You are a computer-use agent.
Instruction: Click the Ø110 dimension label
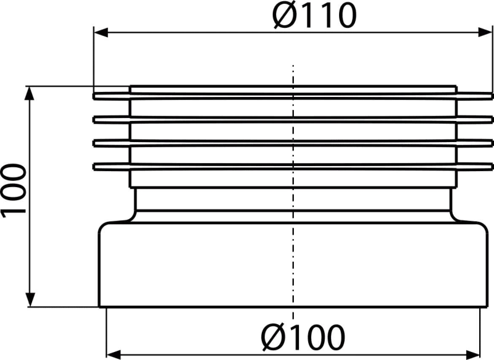pyautogui.click(x=314, y=15)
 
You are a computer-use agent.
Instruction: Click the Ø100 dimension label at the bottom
pyautogui.click(x=303, y=337)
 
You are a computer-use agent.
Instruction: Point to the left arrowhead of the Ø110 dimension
pyautogui.click(x=101, y=32)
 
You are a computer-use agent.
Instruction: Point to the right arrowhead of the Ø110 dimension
pyautogui.click(x=485, y=32)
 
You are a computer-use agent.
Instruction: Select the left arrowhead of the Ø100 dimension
pyautogui.click(x=114, y=354)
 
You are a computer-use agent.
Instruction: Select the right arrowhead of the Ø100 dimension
pyautogui.click(x=472, y=354)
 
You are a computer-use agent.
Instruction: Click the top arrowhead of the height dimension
pyautogui.click(x=30, y=93)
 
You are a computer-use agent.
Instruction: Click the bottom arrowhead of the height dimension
pyautogui.click(x=30, y=299)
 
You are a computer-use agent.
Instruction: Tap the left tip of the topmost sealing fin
pyautogui.click(x=93, y=96)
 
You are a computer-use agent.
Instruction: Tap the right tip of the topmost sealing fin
pyautogui.click(x=492, y=96)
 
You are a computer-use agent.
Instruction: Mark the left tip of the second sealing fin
pyautogui.click(x=93, y=120)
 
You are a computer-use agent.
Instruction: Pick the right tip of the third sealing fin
pyautogui.click(x=492, y=143)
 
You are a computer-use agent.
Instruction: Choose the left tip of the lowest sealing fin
pyautogui.click(x=93, y=167)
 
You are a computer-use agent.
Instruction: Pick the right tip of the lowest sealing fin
pyautogui.click(x=492, y=167)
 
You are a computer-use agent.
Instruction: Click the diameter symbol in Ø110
pyautogui.click(x=283, y=15)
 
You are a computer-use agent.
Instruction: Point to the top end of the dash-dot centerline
pyautogui.click(x=293, y=65)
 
